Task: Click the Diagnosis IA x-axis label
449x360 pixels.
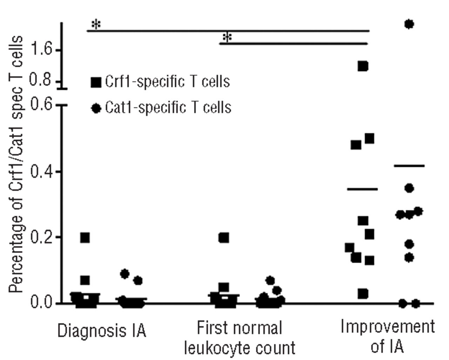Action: (102, 331)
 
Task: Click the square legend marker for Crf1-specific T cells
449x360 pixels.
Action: (96, 82)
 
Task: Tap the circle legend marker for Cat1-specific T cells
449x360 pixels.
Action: (96, 108)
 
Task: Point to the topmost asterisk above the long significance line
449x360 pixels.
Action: (96, 25)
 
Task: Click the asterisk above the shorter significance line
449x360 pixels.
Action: (227, 37)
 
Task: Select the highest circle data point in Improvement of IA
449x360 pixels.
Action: (409, 24)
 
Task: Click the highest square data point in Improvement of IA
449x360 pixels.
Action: (363, 66)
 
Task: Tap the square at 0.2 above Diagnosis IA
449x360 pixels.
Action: (85, 238)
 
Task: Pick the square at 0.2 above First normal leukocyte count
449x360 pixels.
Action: (223, 238)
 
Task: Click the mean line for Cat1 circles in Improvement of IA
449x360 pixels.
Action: (409, 166)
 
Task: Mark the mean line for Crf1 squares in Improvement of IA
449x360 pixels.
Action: (362, 189)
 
